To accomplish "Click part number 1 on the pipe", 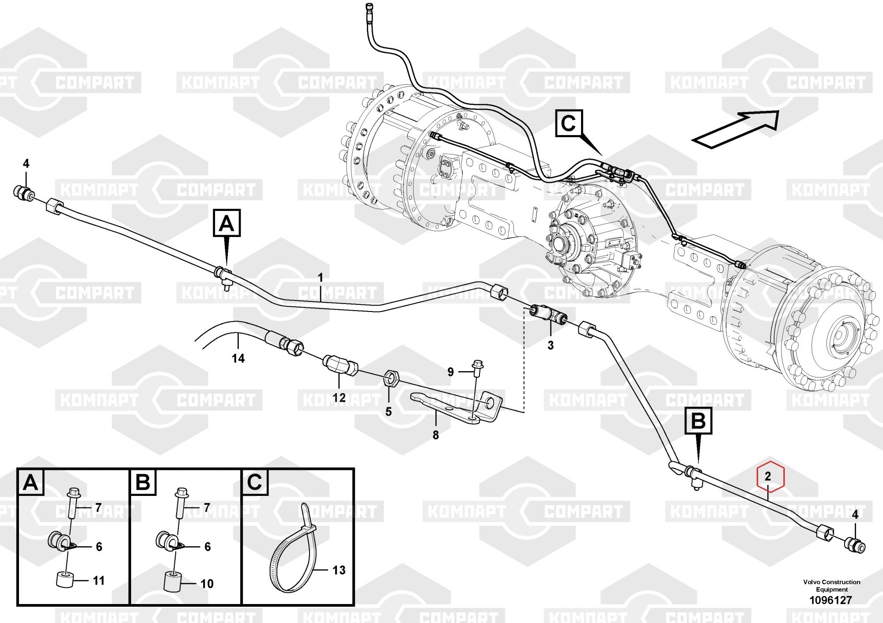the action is coord(321,278).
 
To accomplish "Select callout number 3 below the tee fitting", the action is coord(551,345).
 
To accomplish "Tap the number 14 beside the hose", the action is coord(238,358).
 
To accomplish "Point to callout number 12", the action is coord(339,398).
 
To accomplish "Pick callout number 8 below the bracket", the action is coord(436,435).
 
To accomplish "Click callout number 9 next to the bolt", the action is coord(450,372).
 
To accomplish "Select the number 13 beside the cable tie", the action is coord(339,570).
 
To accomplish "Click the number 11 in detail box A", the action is coord(98,581).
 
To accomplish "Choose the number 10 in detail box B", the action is coord(207,584).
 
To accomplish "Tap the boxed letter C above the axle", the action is coord(569,123).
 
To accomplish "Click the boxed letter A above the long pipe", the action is coord(227,223).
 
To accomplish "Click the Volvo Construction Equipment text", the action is coord(832,585).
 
